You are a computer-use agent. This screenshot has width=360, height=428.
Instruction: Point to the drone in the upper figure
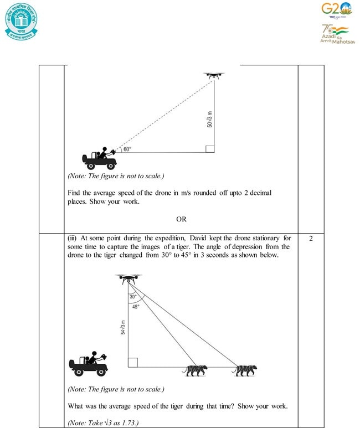coord(213,75)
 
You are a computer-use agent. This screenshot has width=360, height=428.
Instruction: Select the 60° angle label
coord(127,149)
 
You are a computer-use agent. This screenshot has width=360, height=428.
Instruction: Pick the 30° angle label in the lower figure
coord(133,297)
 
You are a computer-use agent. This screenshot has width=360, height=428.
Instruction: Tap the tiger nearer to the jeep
coord(197,370)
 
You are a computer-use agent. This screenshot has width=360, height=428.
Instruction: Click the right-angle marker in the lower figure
coord(133,362)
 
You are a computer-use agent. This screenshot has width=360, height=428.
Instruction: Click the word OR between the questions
coord(181,219)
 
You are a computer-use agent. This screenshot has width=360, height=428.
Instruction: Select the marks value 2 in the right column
coord(311,239)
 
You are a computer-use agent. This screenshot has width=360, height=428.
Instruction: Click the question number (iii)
coord(73,238)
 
